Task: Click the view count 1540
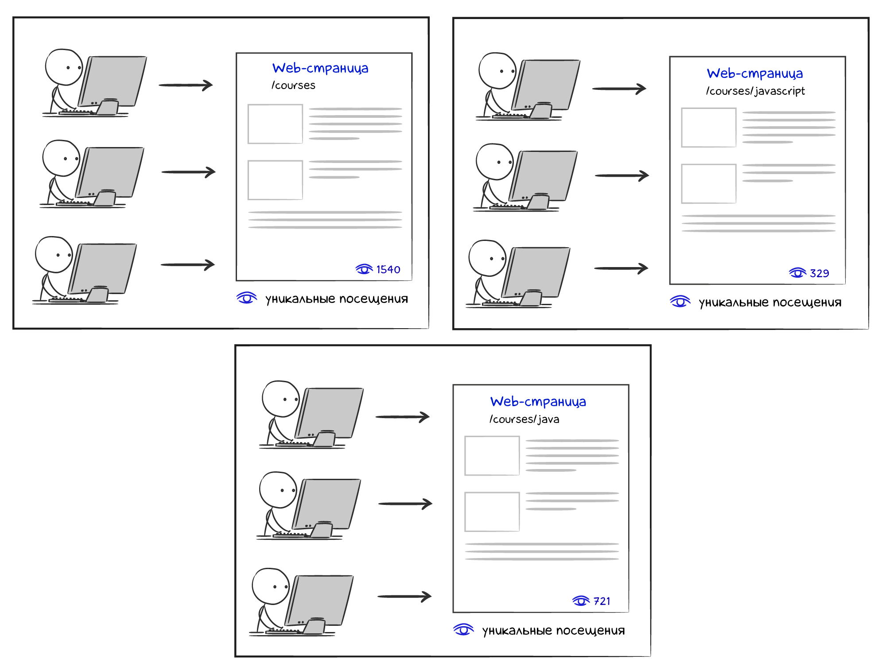(x=388, y=269)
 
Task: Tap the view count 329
(x=819, y=273)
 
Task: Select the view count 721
(x=602, y=601)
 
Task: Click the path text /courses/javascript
(x=755, y=91)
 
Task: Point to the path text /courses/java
(x=524, y=419)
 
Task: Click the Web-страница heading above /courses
(x=320, y=68)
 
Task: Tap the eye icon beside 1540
(x=364, y=269)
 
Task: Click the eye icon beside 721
(x=581, y=601)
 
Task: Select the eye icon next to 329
(x=797, y=273)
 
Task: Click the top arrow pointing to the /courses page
(x=186, y=85)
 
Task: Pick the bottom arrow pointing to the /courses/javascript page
(x=621, y=268)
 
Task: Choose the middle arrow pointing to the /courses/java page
(x=405, y=504)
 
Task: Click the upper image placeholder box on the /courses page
(x=275, y=124)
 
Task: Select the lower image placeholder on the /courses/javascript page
(x=708, y=183)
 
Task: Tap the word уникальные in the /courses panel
(x=300, y=299)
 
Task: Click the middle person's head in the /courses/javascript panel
(x=494, y=162)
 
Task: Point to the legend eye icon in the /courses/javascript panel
(x=680, y=302)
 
